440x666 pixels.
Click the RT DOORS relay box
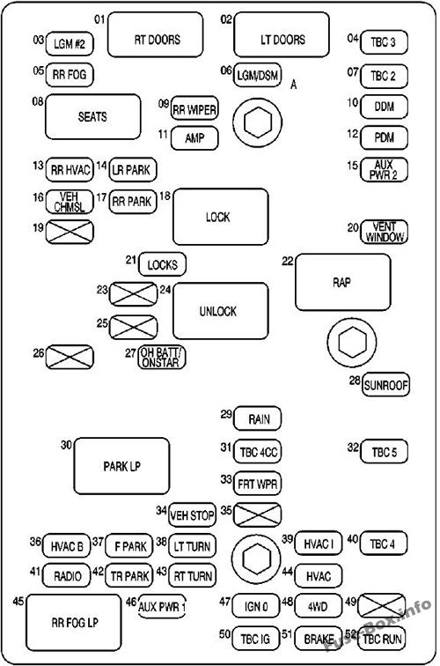[157, 39]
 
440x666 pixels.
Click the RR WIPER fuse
[194, 108]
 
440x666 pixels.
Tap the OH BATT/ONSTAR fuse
[164, 358]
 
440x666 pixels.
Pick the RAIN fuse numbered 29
[258, 418]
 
